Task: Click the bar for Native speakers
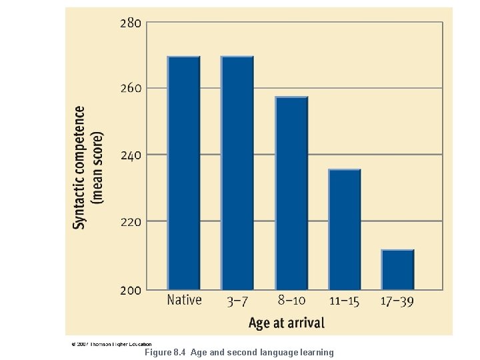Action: click(183, 173)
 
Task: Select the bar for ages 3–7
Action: click(237, 173)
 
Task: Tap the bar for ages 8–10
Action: click(291, 193)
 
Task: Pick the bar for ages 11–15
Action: click(345, 230)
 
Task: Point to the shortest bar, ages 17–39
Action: click(398, 270)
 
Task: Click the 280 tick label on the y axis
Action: click(130, 23)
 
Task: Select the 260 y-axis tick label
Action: click(130, 89)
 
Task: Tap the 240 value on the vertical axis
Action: click(130, 155)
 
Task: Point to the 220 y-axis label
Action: click(130, 221)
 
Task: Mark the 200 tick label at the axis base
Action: click(130, 291)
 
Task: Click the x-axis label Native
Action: click(184, 301)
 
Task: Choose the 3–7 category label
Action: click(238, 301)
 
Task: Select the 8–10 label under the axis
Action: click(291, 301)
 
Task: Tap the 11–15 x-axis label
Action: click(344, 301)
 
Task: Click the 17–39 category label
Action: click(397, 301)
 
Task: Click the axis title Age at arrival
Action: click(287, 323)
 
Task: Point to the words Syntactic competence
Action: click(79, 167)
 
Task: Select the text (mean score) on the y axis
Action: click(97, 167)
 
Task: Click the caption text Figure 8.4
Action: click(165, 352)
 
